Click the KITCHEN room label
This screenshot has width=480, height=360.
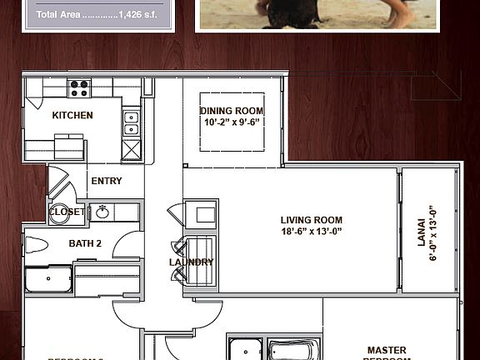[72, 115]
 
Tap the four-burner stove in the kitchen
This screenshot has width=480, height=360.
[80, 85]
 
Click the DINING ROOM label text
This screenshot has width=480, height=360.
[232, 111]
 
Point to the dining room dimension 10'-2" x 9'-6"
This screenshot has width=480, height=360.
[232, 122]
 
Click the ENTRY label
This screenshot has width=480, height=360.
[106, 181]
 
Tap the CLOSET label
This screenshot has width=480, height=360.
[67, 212]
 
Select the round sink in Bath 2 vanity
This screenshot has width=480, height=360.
[103, 212]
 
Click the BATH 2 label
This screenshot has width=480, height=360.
[85, 243]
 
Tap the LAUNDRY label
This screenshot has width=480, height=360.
[192, 262]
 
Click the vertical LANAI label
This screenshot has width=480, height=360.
[421, 233]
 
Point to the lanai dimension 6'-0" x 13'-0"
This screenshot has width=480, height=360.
[432, 233]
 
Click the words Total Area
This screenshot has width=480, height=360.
[58, 14]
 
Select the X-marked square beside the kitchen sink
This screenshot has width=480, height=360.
[131, 150]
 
